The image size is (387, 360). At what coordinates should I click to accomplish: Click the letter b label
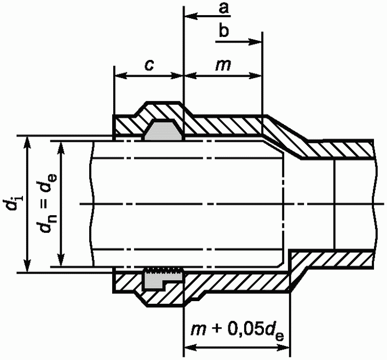pyautogui.click(x=224, y=31)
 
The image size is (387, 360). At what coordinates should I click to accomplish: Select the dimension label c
pyautogui.click(x=149, y=65)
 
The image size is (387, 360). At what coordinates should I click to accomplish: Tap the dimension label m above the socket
pyautogui.click(x=223, y=65)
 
